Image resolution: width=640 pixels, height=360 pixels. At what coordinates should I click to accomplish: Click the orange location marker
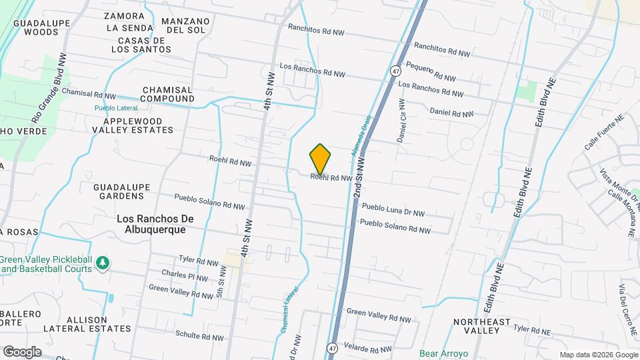click(320, 159)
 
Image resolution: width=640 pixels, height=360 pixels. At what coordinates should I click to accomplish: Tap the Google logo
click(22, 351)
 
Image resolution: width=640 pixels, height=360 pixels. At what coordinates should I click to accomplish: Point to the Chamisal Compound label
click(167, 94)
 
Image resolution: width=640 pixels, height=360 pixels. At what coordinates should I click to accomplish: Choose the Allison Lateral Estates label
click(87, 323)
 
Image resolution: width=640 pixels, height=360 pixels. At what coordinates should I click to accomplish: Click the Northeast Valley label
click(481, 326)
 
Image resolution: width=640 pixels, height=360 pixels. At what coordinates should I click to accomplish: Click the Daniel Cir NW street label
click(401, 121)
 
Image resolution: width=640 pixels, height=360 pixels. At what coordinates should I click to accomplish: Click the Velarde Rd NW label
click(368, 349)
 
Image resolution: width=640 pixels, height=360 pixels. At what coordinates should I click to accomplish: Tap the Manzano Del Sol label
click(185, 25)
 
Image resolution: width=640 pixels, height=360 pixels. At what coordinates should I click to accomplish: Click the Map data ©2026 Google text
click(597, 354)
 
